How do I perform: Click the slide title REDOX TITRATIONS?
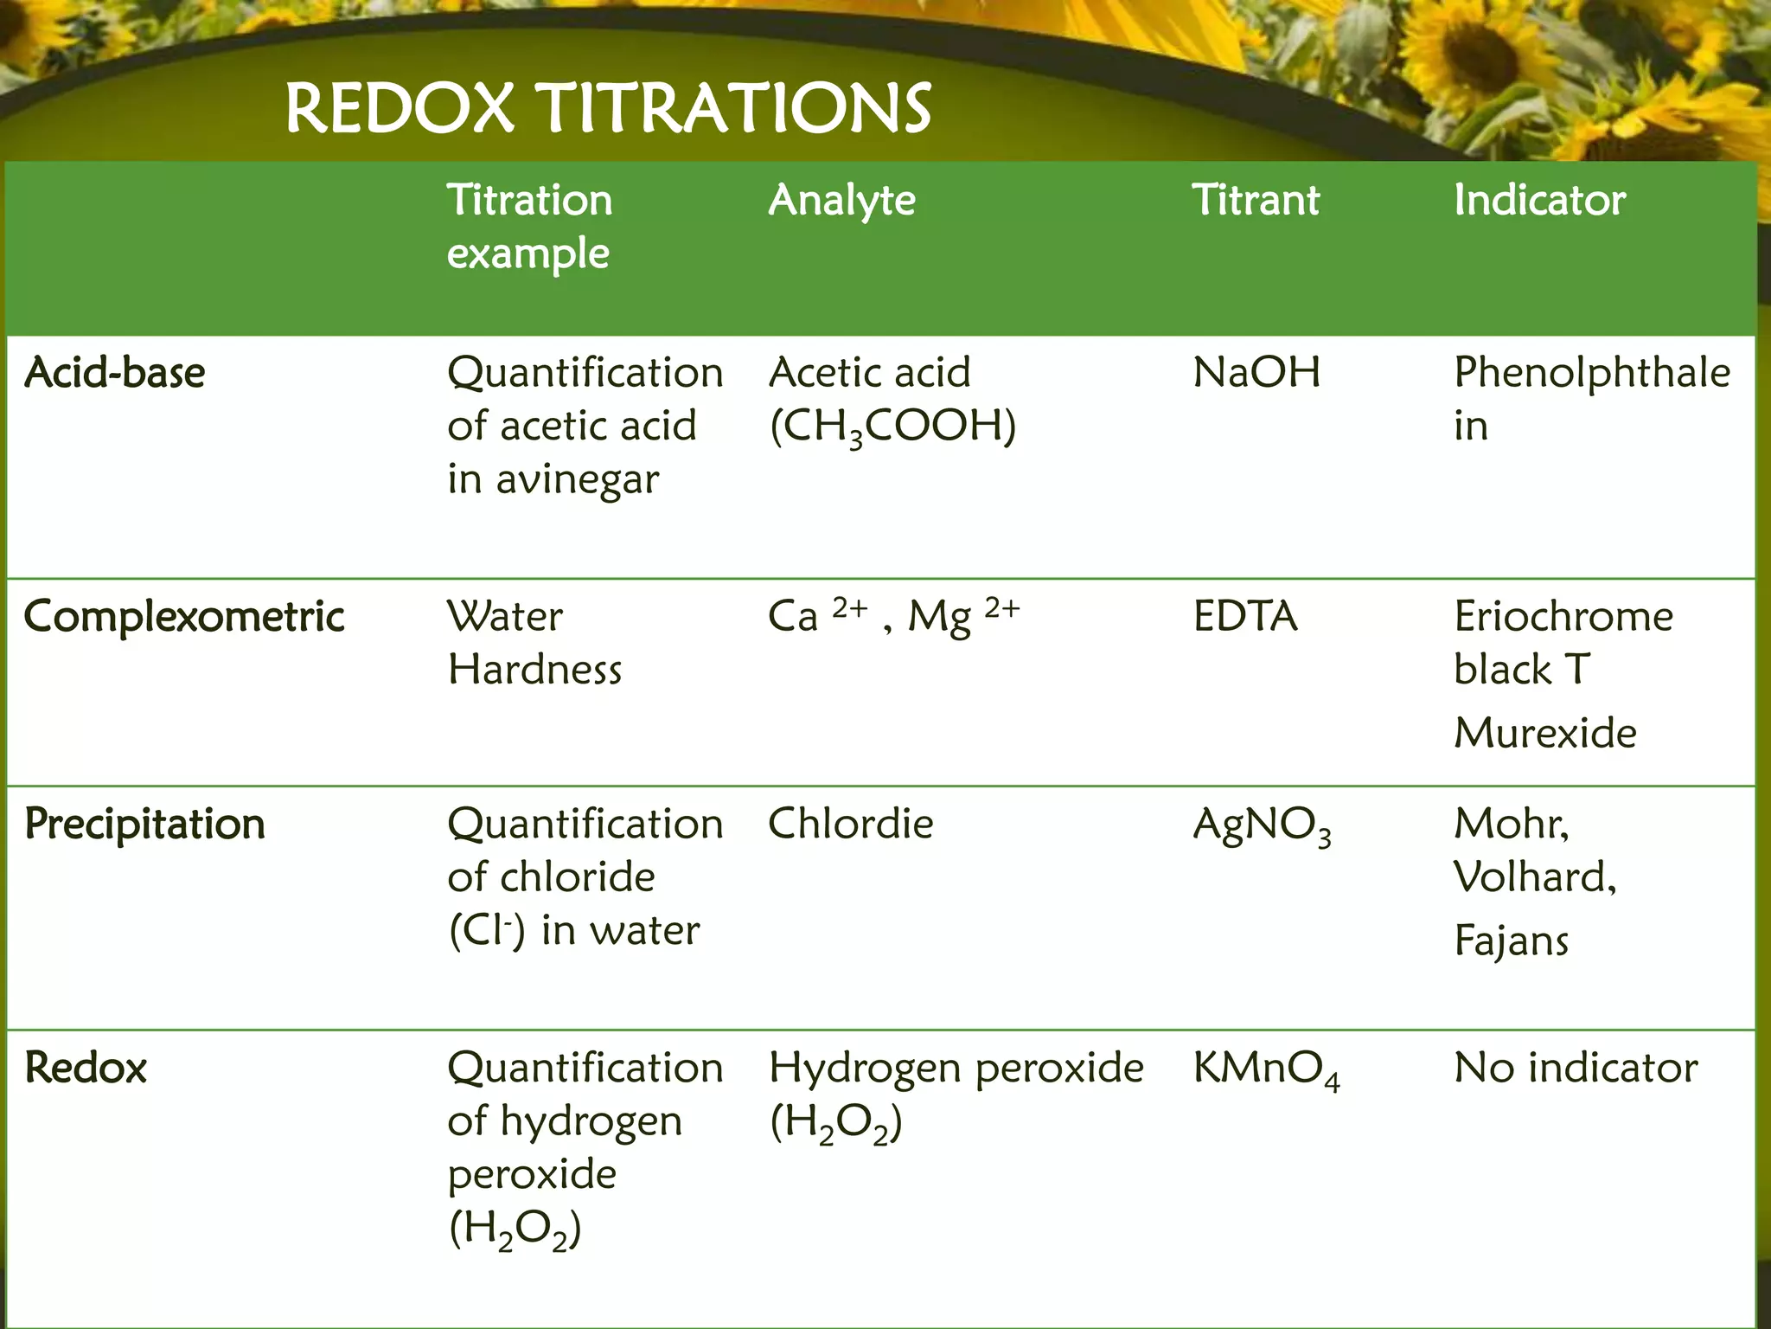pos(608,108)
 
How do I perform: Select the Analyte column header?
pos(841,201)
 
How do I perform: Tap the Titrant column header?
pos(1256,201)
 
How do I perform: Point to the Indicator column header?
pos(1539,201)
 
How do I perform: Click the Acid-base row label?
pos(115,373)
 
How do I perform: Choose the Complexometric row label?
pos(184,617)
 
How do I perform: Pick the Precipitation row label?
pos(145,824)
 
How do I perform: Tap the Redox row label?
pos(86,1068)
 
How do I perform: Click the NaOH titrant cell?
pos(1256,373)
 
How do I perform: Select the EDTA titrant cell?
pos(1245,617)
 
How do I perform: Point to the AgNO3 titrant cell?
pos(1262,825)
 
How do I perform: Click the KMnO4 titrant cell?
pos(1266,1069)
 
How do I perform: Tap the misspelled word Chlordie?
pos(851,824)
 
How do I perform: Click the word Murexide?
pos(1545,733)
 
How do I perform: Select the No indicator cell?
pos(1576,1068)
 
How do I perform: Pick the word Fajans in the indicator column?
pos(1511,941)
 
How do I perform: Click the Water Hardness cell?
pos(534,643)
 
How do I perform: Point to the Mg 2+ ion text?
pos(963,616)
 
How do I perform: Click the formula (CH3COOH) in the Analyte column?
pos(892,427)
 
